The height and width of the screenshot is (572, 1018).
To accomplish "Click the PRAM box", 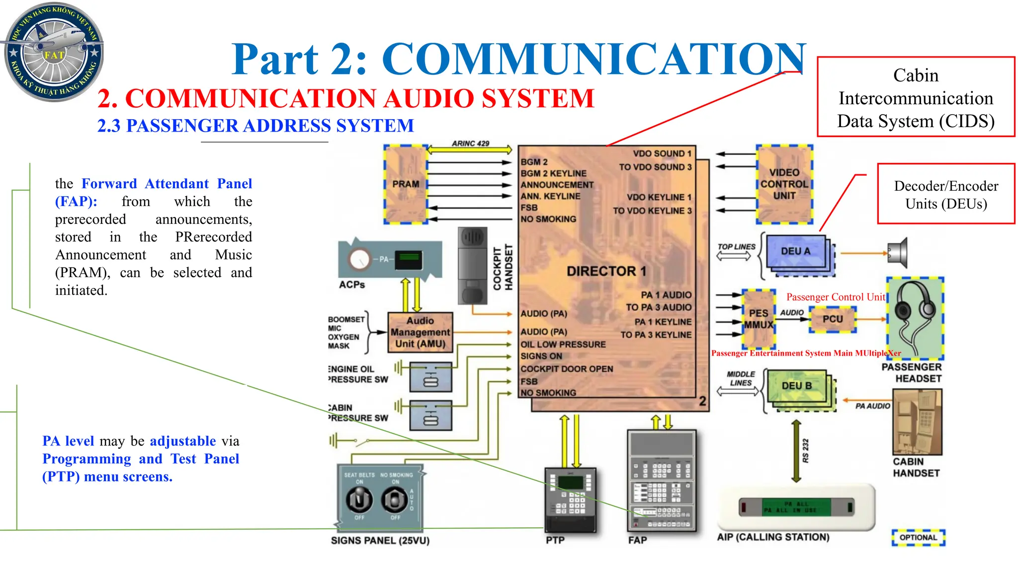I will (406, 184).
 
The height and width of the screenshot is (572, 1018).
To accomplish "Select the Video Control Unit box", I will (784, 184).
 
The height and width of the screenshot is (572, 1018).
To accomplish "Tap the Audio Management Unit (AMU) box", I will (420, 332).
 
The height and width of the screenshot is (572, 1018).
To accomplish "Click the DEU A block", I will (795, 252).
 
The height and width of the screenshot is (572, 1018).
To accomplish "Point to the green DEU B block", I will (796, 386).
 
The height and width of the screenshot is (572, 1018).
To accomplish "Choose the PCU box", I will (833, 319).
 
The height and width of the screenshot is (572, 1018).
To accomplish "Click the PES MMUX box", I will (759, 319).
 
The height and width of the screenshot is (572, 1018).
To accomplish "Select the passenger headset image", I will (915, 318).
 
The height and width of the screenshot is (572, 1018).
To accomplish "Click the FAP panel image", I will (662, 481).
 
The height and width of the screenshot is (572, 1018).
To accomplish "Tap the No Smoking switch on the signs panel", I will (395, 500).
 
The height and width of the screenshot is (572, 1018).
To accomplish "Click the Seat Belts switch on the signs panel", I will (359, 500).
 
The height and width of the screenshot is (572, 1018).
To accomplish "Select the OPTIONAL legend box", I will (918, 537).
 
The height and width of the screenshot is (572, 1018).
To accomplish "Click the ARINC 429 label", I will (470, 143).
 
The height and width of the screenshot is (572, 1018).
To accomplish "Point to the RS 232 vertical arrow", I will (796, 451).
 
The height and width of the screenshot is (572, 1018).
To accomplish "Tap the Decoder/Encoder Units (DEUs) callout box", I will (946, 194).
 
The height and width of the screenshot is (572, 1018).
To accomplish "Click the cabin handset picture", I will (917, 422).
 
